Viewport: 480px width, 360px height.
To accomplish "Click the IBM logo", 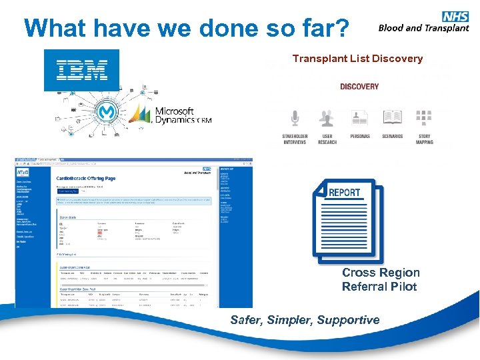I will pos(81,69).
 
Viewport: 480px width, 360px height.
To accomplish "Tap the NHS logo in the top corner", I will pos(455,17).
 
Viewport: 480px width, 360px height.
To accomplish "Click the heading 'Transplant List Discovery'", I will pos(357,59).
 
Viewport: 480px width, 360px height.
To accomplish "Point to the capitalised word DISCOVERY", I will pos(359,87).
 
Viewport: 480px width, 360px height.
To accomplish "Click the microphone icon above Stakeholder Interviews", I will pos(295,118).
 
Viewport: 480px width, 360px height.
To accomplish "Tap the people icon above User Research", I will pos(327,118).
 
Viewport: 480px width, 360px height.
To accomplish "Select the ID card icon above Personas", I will pos(359,118).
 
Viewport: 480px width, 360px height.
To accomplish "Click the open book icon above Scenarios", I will pos(392,118).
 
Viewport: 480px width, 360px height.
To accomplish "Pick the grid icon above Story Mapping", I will pos(424,118).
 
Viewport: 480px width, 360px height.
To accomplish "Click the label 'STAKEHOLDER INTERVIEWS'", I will pos(295,139).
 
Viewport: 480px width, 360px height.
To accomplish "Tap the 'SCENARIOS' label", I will pos(392,136).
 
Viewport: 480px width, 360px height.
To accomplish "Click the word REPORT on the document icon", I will pos(345,193).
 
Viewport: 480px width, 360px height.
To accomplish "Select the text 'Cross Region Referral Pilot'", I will pos(381,279).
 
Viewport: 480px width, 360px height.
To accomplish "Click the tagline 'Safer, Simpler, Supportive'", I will pos(305,320).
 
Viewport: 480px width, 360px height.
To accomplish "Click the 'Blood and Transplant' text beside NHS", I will pos(423,28).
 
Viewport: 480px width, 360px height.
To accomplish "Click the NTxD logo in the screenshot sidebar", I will pos(24,173).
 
